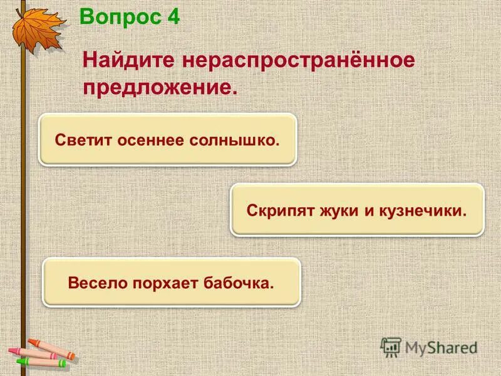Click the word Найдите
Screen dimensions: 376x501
coord(128,61)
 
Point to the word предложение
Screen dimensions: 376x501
coord(160,87)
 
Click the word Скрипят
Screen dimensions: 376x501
coord(277,209)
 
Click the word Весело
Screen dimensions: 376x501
coord(97,283)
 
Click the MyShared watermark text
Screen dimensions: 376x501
coord(441,347)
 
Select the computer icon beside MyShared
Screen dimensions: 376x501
coord(391,347)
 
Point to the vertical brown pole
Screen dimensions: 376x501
coord(24,188)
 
